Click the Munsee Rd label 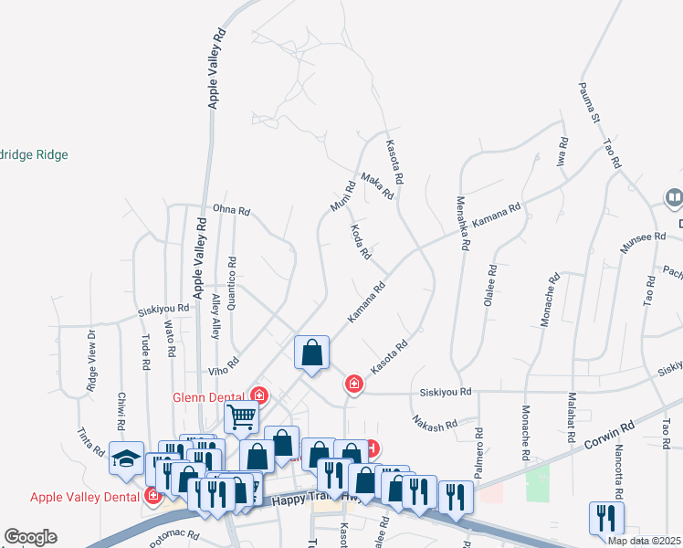coord(643,242)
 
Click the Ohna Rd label coord(231,210)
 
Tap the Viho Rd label coord(222,368)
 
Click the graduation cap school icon coord(126,458)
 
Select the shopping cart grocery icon coord(242,416)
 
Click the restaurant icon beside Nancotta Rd coord(606,518)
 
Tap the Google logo coord(30,537)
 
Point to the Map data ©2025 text coord(645,541)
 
